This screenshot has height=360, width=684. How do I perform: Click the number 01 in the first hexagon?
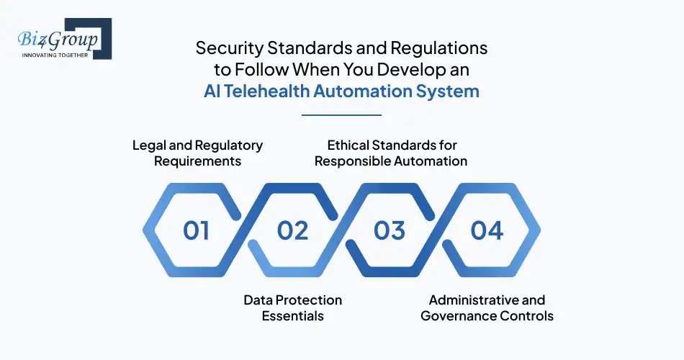(x=197, y=230)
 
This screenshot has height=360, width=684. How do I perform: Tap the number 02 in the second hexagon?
(x=292, y=230)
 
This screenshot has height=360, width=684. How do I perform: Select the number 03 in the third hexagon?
(x=389, y=230)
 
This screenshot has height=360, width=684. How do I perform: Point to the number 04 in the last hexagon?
(x=487, y=230)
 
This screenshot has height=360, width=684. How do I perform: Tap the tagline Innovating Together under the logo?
(x=56, y=55)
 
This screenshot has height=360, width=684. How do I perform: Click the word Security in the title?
(x=227, y=48)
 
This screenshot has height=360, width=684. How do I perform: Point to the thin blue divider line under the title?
(x=341, y=114)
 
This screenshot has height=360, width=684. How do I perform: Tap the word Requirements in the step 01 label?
(x=197, y=161)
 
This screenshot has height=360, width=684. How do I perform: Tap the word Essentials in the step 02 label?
(x=292, y=315)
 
